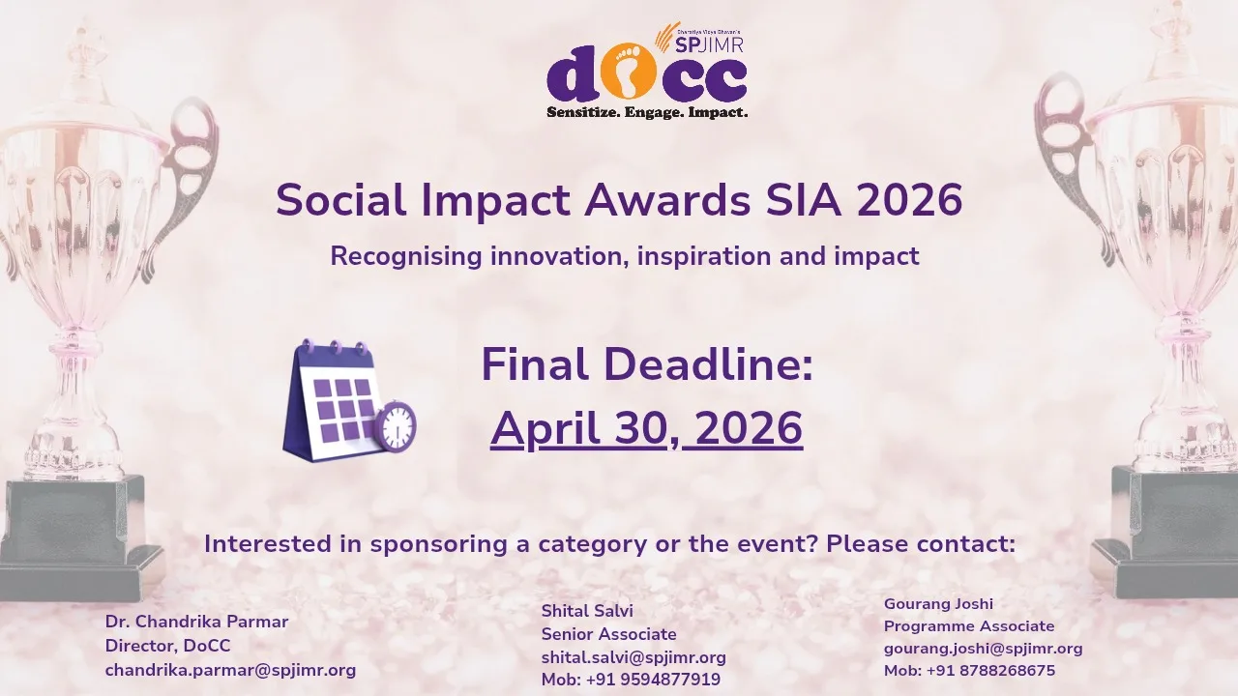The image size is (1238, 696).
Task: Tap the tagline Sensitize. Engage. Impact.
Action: pyautogui.click(x=647, y=113)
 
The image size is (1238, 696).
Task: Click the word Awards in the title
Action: pyautogui.click(x=666, y=200)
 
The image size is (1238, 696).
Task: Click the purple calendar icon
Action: pyautogui.click(x=339, y=400)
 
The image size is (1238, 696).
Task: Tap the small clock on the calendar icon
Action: pyautogui.click(x=396, y=426)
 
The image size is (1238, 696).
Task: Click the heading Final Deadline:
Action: pyautogui.click(x=647, y=365)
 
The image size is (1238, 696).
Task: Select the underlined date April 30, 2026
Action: pyautogui.click(x=647, y=429)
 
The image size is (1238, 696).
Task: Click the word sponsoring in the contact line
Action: pyautogui.click(x=439, y=544)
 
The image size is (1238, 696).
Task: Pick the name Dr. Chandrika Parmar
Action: pyautogui.click(x=196, y=622)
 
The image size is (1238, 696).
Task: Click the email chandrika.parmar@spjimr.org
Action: pyautogui.click(x=230, y=670)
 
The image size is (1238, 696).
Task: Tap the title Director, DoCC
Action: pyautogui.click(x=167, y=646)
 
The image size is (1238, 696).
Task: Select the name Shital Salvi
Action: pyautogui.click(x=587, y=611)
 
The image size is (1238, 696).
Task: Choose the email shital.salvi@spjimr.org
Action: pyautogui.click(x=634, y=657)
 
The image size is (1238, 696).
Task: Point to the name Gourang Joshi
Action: pyautogui.click(x=938, y=604)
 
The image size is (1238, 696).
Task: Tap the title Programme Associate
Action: pyautogui.click(x=969, y=626)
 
